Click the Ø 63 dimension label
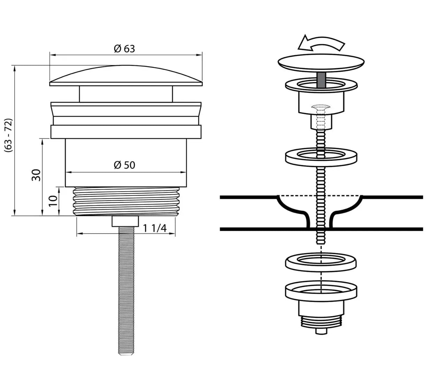[x=124, y=49]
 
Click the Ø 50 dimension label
[x=124, y=165]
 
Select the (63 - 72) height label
[x=9, y=136]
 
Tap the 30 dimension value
[x=36, y=175]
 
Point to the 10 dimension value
[x=53, y=201]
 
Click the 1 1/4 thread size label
[x=155, y=228]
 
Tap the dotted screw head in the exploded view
[x=321, y=107]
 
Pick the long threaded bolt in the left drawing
[x=125, y=289]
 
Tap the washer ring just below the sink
[x=321, y=261]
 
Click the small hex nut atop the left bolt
[x=125, y=221]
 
